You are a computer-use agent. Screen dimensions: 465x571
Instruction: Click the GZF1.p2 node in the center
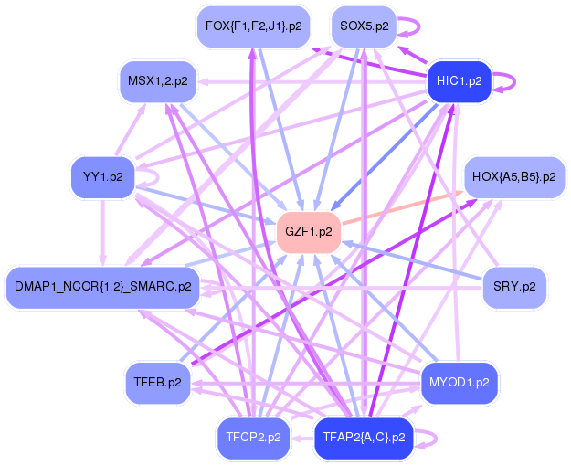pyautogui.click(x=309, y=231)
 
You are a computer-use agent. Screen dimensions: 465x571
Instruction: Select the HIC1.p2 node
pyautogui.click(x=460, y=80)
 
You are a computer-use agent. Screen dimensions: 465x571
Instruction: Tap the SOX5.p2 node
pyautogui.click(x=364, y=26)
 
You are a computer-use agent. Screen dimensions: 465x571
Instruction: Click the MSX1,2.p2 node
pyautogui.click(x=157, y=80)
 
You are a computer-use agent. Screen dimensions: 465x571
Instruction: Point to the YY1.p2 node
pyautogui.click(x=102, y=176)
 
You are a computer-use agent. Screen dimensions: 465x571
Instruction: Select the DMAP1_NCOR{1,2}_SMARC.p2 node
pyautogui.click(x=102, y=286)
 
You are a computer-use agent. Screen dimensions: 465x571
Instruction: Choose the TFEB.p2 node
pyautogui.click(x=157, y=382)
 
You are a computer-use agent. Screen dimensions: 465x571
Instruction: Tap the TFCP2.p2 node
pyautogui.click(x=253, y=437)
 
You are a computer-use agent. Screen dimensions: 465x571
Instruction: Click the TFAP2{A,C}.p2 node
pyautogui.click(x=364, y=437)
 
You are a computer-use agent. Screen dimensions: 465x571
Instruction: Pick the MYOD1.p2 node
pyautogui.click(x=460, y=382)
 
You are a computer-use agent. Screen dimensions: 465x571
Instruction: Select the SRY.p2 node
pyautogui.click(x=514, y=286)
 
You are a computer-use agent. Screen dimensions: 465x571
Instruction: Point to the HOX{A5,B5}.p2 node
pyautogui.click(x=514, y=176)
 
